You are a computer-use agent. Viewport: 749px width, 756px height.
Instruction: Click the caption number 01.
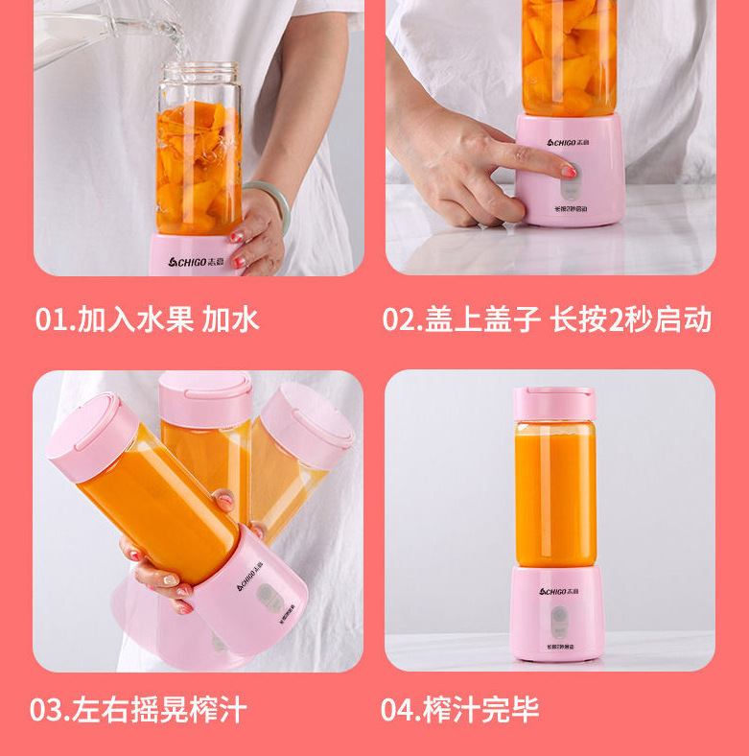pos(55,319)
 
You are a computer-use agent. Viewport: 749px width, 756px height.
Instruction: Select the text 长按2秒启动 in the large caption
pos(630,319)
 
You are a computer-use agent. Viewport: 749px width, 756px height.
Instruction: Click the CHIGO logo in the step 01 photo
pos(202,262)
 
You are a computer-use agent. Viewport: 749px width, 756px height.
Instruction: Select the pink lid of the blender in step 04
pos(553,403)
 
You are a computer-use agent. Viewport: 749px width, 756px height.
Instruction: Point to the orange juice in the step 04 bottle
pos(554,494)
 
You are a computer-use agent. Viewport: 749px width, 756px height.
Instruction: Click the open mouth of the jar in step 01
pos(199,72)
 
